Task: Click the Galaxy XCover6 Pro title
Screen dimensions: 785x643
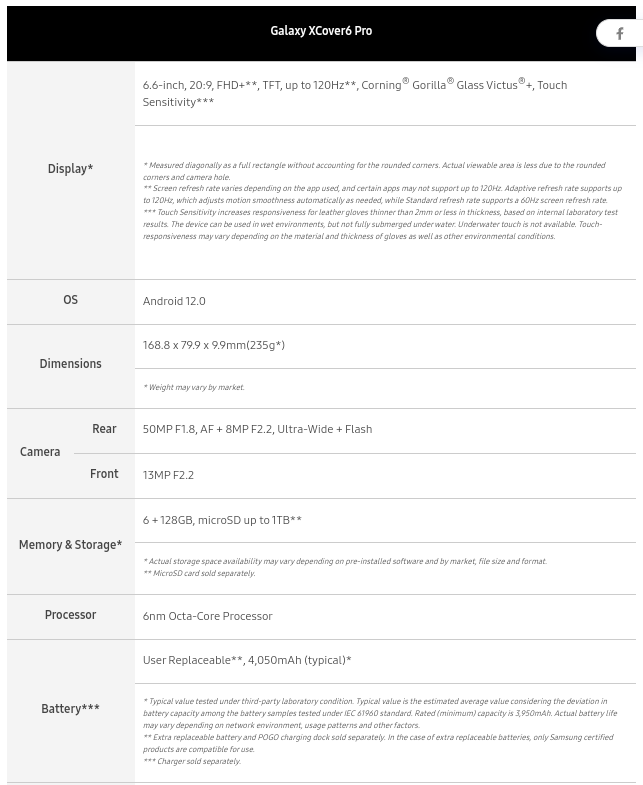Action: pos(321,31)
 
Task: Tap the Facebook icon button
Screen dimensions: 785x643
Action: pos(619,34)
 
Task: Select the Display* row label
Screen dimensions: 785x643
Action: pos(70,169)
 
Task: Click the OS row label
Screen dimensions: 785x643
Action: pos(70,300)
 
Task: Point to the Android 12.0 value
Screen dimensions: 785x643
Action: pos(174,301)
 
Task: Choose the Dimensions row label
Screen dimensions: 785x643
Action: pos(70,364)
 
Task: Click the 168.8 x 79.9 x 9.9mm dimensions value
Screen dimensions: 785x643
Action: pos(213,345)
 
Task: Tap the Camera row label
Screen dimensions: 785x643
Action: pos(40,452)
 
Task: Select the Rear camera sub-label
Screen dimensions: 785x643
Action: pos(104,429)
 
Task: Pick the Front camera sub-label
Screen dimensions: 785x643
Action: pos(104,474)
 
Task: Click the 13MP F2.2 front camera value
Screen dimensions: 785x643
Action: pos(168,475)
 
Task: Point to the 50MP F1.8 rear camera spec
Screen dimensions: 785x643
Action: pos(257,429)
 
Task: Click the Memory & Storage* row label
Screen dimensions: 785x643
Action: pos(70,545)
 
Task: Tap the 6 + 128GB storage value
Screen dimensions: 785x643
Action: pos(222,520)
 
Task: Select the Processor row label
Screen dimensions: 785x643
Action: pos(70,615)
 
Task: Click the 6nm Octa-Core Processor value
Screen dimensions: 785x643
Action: pos(207,616)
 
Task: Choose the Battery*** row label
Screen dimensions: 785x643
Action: pos(70,709)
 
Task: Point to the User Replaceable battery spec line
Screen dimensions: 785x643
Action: pos(247,660)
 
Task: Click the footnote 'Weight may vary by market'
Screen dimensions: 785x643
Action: pos(194,387)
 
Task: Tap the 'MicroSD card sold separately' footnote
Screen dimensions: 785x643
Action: pos(199,573)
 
